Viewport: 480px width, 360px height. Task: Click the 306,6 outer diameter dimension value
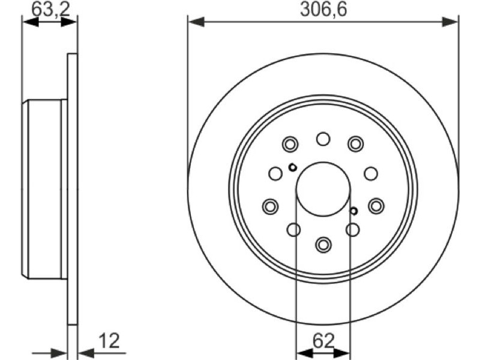click(323, 9)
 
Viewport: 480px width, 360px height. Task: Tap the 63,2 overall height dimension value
click(51, 9)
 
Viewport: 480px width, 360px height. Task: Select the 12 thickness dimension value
click(109, 340)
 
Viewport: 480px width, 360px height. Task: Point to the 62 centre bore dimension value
click(323, 340)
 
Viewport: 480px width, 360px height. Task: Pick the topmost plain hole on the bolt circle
click(323, 139)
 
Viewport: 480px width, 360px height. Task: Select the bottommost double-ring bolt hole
click(323, 244)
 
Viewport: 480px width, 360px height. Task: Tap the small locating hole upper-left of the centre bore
click(293, 167)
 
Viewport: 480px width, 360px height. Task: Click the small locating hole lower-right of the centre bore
click(353, 211)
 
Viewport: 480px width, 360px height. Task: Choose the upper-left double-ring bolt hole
click(290, 144)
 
